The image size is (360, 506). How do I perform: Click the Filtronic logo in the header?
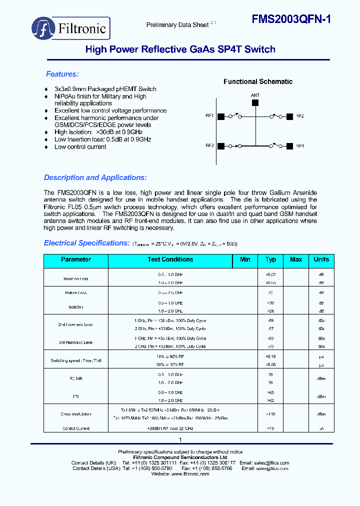click(70, 28)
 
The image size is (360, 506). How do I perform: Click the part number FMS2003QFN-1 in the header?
click(290, 19)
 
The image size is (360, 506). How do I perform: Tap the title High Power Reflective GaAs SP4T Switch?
click(180, 49)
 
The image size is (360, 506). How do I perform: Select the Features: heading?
click(62, 74)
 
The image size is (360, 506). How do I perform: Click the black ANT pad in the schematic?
click(255, 102)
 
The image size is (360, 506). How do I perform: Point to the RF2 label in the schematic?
click(300, 116)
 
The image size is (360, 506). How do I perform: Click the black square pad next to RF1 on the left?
click(220, 116)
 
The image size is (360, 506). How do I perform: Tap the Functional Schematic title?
click(257, 81)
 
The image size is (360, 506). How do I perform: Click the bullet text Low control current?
click(80, 147)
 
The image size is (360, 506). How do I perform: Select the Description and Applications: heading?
click(95, 177)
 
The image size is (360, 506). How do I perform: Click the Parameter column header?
click(76, 259)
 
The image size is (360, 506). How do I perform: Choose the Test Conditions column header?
click(170, 259)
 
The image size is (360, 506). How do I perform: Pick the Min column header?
click(245, 259)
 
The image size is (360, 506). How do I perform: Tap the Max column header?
click(296, 259)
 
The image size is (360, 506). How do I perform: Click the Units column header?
click(321, 259)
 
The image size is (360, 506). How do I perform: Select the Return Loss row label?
click(76, 293)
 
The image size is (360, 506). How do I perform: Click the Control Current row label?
click(76, 428)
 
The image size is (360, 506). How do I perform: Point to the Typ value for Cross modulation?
click(270, 414)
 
